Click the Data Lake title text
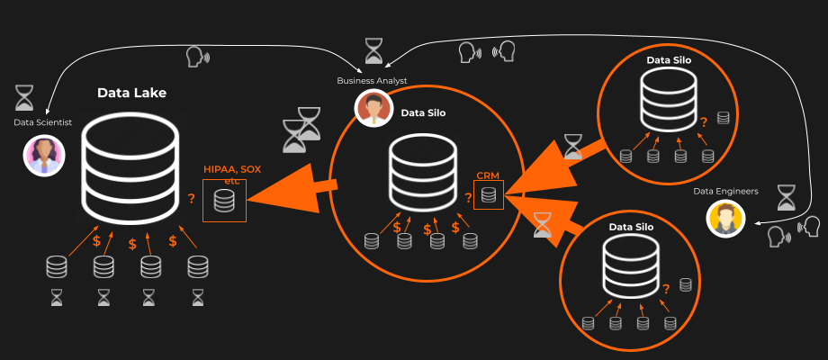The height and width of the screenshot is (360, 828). tap(131, 93)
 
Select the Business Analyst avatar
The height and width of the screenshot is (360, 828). tap(373, 108)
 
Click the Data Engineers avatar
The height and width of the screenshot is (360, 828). tap(726, 218)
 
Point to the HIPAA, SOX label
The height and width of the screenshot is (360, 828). tap(232, 169)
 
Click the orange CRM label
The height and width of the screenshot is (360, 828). tap(488, 175)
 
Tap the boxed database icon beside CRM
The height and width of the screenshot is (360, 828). tap(489, 194)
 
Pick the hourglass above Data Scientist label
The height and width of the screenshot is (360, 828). tap(24, 97)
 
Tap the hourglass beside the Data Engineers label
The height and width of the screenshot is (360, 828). tap(787, 197)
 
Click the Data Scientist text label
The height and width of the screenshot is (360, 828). tap(42, 122)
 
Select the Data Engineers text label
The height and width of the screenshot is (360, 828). tap(725, 191)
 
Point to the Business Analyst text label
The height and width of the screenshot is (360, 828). tap(372, 80)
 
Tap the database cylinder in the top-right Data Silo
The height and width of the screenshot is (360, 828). tap(668, 99)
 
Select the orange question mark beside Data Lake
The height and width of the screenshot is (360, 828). tap(191, 199)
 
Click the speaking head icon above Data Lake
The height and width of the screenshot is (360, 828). tap(195, 58)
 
